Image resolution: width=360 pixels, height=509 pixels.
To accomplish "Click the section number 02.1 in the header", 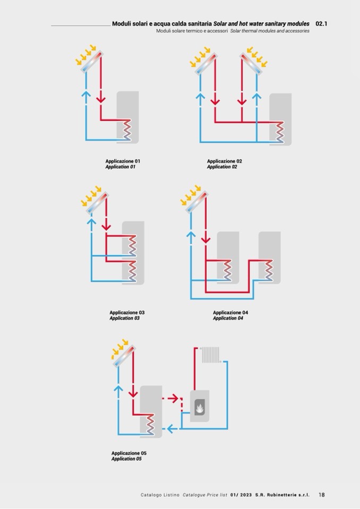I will coord(321,24).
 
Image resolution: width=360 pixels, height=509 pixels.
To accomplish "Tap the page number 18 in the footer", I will coord(322,495).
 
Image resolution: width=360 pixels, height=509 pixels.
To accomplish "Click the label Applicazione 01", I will coord(123,161).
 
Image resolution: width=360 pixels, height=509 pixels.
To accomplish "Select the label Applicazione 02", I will coord(225,161).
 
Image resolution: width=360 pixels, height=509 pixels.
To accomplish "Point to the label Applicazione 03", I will coord(127,313).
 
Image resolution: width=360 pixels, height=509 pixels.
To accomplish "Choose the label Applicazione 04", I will coord(230,313).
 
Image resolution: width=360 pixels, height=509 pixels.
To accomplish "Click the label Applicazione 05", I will coord(129,453).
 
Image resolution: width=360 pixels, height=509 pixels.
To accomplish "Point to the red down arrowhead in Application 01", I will coord(101,99).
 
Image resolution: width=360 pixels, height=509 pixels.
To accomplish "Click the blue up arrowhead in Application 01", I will coord(86,94).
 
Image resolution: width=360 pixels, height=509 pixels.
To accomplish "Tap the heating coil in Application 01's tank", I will coord(127,130).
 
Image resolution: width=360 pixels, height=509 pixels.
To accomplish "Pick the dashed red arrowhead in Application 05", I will coord(178,398).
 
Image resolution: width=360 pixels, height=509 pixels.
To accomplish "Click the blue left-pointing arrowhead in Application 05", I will coord(168,428).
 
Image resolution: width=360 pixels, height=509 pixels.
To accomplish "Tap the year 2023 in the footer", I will coord(246,495).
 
